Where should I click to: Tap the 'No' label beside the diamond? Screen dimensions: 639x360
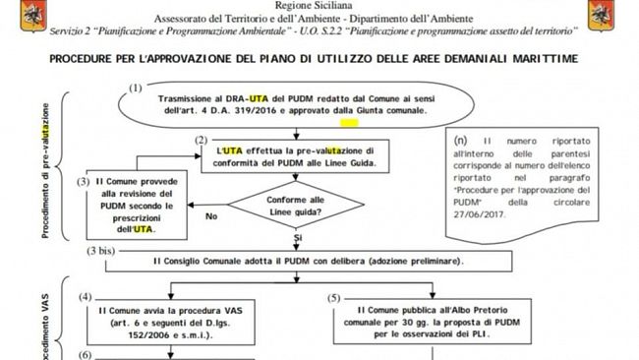pyautogui.click(x=210, y=215)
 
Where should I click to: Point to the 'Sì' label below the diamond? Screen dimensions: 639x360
pyautogui.click(x=298, y=239)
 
